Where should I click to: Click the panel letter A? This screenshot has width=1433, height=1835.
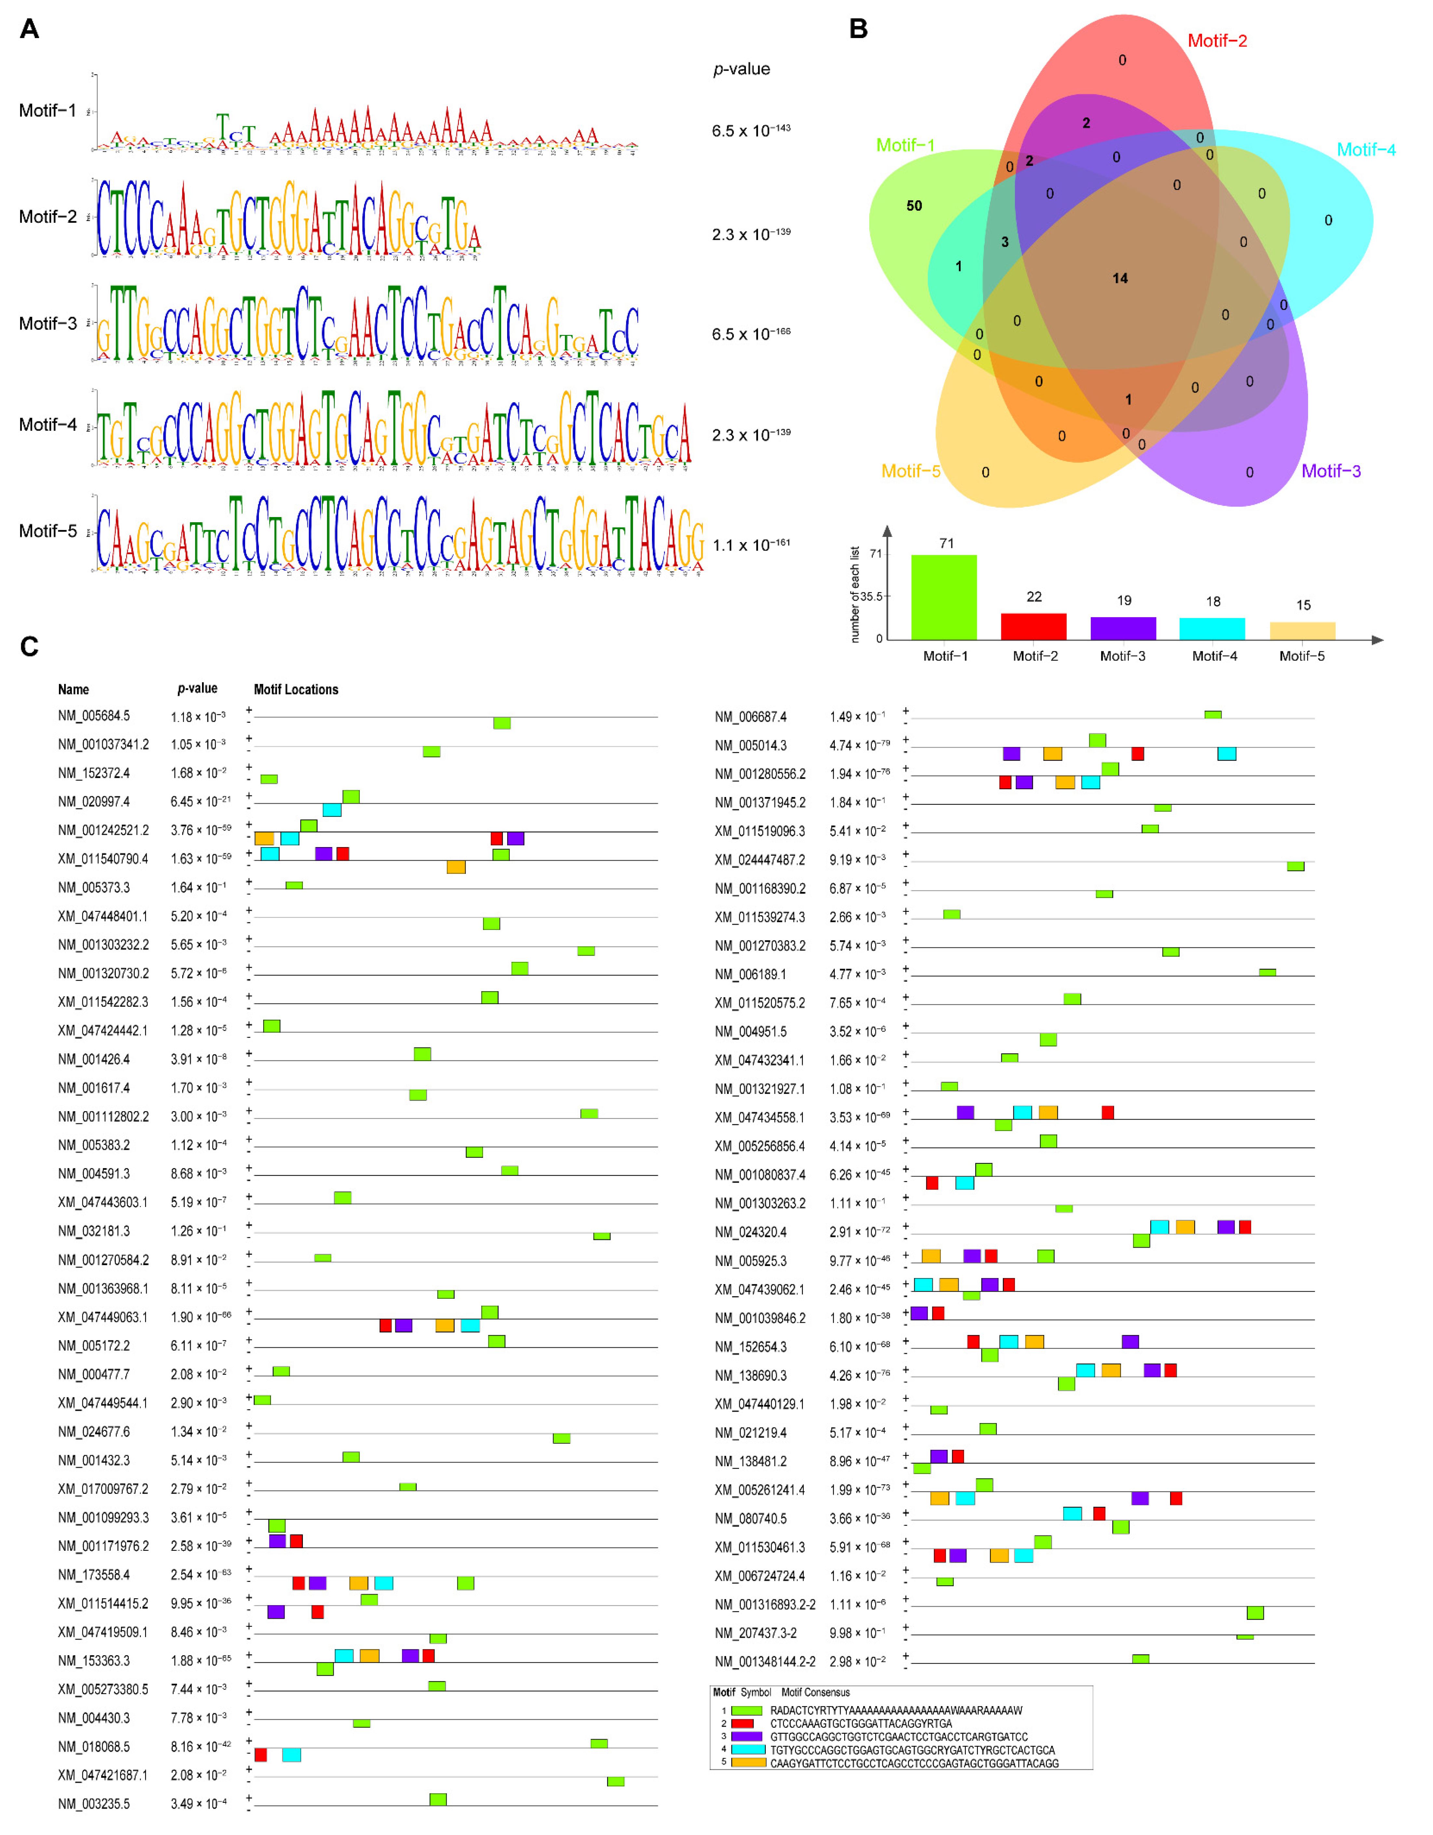[x=29, y=29]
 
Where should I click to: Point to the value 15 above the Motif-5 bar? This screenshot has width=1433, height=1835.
[x=1303, y=605]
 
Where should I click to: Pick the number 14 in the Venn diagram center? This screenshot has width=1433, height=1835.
[x=1119, y=278]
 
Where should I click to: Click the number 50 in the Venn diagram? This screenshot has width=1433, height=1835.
[x=913, y=206]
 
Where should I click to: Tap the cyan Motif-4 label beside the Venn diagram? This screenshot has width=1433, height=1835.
[x=1366, y=150]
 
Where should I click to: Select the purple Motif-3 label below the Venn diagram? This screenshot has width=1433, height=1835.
[x=1331, y=472]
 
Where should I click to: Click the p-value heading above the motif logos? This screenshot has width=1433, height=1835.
[x=741, y=69]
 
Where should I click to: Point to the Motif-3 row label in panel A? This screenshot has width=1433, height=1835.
[x=48, y=324]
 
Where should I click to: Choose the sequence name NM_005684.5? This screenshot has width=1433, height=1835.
[x=94, y=716]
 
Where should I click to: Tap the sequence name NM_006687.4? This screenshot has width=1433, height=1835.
[x=750, y=717]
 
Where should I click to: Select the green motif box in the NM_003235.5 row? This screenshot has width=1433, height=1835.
[x=438, y=1799]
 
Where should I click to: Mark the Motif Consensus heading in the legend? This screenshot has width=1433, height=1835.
[x=815, y=1692]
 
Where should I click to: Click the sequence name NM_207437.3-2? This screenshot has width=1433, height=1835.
[x=756, y=1632]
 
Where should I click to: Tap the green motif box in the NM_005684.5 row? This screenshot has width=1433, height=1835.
[x=502, y=723]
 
